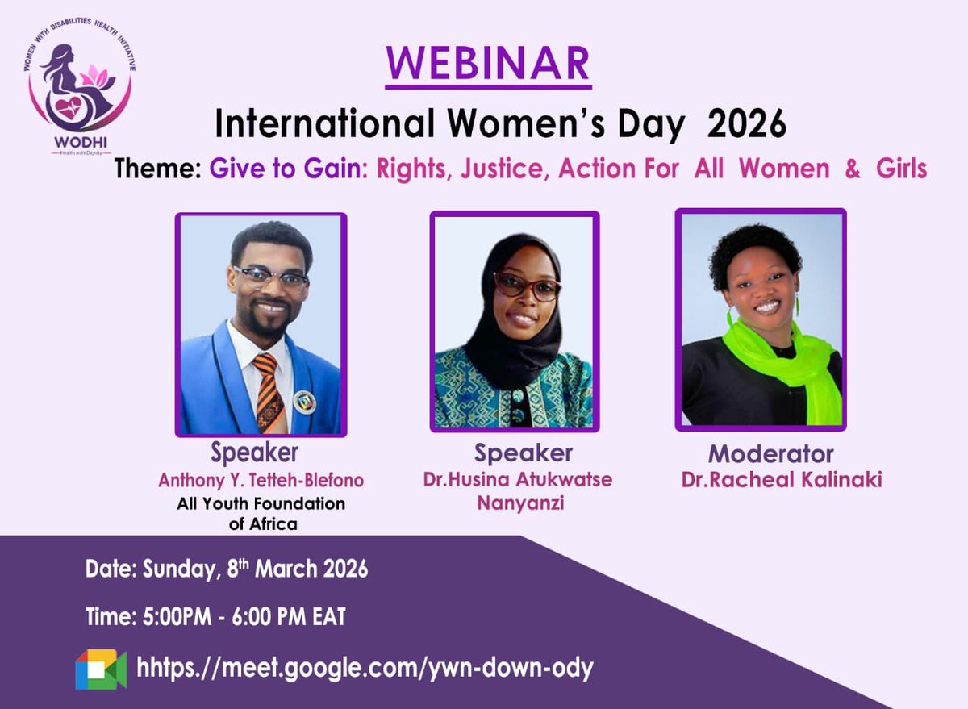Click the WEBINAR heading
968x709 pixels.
(488, 62)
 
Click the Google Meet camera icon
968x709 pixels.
(101, 669)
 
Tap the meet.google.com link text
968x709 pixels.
(365, 668)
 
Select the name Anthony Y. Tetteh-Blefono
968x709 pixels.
(261, 481)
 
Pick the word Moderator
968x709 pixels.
(770, 453)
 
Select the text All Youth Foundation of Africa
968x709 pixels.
(261, 514)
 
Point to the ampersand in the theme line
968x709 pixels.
(849, 169)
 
